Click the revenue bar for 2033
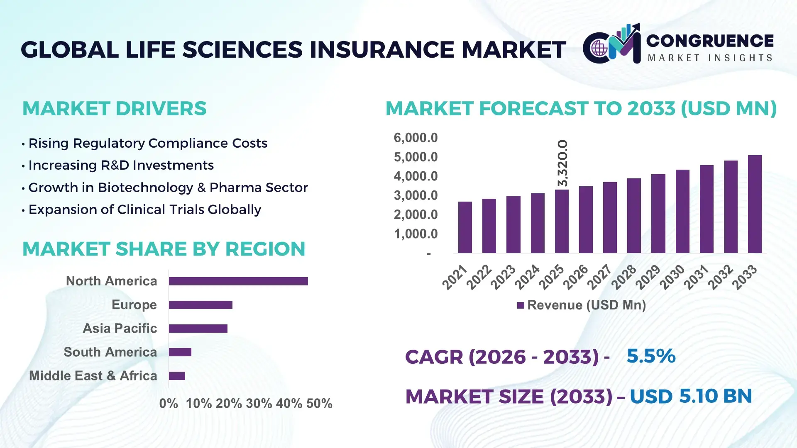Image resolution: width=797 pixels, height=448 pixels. point(755,204)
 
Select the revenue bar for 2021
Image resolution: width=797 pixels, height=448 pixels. point(465,227)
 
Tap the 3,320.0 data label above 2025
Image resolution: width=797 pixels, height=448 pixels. point(562,163)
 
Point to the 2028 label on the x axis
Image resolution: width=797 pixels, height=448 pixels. point(623,277)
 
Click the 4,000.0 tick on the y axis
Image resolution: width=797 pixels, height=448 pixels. point(416,176)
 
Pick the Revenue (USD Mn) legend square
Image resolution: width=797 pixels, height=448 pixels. point(521,305)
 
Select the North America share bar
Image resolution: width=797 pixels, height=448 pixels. point(238,281)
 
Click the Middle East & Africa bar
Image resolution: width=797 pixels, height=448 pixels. point(177,376)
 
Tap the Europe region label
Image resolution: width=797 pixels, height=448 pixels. point(134,304)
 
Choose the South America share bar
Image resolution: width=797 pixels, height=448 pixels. point(180,352)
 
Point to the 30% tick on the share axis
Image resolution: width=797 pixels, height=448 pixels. point(259,403)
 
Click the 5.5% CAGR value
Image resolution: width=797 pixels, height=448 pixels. point(650,356)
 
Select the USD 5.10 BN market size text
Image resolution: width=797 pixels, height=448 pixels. point(690,396)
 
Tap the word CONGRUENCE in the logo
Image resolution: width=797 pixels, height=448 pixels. point(710,41)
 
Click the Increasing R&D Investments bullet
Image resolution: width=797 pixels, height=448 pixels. point(121,165)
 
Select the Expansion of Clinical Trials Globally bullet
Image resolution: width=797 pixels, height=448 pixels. point(144,209)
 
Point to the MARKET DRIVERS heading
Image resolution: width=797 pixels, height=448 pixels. point(114,109)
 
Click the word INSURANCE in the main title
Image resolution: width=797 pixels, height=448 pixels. point(382,49)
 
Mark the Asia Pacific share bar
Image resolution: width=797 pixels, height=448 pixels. point(198,329)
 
